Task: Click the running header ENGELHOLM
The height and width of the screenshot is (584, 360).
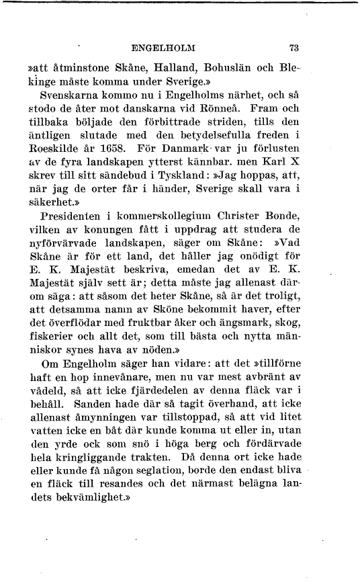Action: (165, 48)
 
